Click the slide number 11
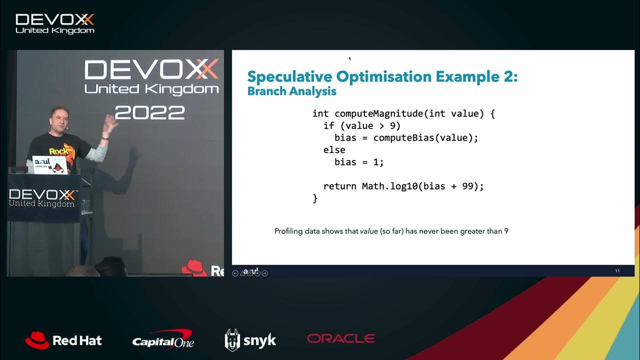click(617, 271)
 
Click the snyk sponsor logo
click(250, 340)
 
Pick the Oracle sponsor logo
click(341, 338)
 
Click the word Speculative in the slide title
click(290, 77)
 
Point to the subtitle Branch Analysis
click(291, 91)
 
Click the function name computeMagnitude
click(378, 113)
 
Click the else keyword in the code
click(334, 150)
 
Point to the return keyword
click(340, 186)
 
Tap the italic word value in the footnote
click(369, 231)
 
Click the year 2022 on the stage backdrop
click(150, 112)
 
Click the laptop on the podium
click(49, 165)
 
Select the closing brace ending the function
click(315, 198)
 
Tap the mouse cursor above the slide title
click(349, 58)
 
